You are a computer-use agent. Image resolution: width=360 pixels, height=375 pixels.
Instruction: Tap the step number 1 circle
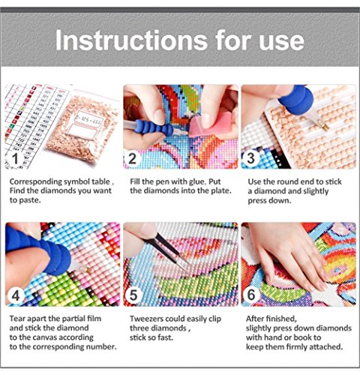click(16, 158)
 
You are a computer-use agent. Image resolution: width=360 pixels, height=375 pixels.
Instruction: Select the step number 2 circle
click(133, 158)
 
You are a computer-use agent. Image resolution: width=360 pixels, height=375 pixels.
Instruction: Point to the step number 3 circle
click(250, 158)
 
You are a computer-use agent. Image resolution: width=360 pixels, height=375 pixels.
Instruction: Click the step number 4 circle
click(16, 295)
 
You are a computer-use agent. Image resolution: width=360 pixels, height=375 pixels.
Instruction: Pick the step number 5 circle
click(133, 295)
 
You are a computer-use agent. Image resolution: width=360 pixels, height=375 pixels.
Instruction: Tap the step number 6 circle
click(251, 295)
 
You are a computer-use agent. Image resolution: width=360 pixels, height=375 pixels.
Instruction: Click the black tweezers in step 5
click(168, 252)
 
